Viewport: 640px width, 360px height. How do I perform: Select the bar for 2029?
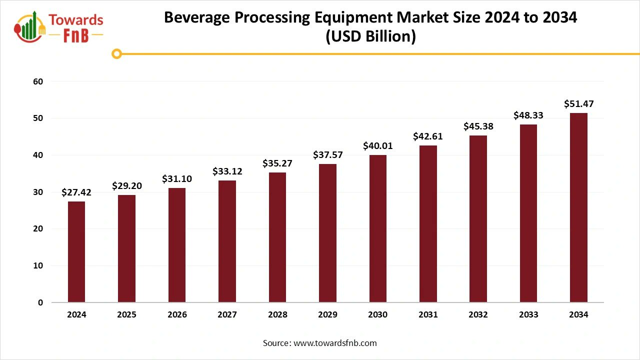point(327,233)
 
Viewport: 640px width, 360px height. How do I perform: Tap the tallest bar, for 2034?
point(578,207)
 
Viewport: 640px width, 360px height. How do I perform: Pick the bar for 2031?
point(428,223)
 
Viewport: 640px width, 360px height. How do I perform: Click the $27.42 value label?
point(76,192)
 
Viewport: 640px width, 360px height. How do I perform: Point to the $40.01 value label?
point(377,146)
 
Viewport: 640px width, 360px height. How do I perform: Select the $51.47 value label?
point(578,104)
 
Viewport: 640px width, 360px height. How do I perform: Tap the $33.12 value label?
point(227,171)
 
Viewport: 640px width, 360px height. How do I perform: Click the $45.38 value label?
point(478,126)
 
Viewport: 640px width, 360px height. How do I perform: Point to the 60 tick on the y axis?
point(38,81)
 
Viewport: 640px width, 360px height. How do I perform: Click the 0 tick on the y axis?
point(40,302)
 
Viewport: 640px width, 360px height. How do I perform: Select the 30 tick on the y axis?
point(38,192)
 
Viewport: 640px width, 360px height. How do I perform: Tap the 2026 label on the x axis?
point(177,314)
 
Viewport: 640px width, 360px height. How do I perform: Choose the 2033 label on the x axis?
point(528,314)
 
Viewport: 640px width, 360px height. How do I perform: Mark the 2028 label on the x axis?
point(277,314)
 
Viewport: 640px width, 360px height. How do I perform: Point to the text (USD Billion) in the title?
point(370,37)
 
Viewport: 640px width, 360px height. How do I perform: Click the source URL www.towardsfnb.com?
point(335,343)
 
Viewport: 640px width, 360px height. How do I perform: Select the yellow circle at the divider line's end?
point(117,53)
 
